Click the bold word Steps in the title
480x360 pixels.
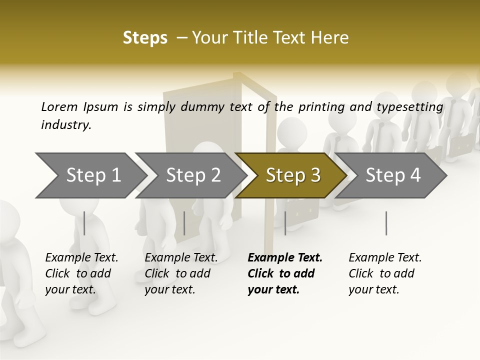(145, 38)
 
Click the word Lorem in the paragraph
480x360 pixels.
(59, 106)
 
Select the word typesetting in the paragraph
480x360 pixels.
(413, 106)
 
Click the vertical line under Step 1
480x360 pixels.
(84, 223)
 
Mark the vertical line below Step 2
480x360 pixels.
(184, 223)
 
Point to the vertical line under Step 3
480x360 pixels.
(285, 223)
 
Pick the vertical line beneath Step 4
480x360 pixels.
(386, 223)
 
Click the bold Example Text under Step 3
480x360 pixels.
(285, 257)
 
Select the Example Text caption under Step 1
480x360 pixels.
(81, 257)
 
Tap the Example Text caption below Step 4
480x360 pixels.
(385, 257)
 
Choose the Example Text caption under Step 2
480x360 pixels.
(181, 257)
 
